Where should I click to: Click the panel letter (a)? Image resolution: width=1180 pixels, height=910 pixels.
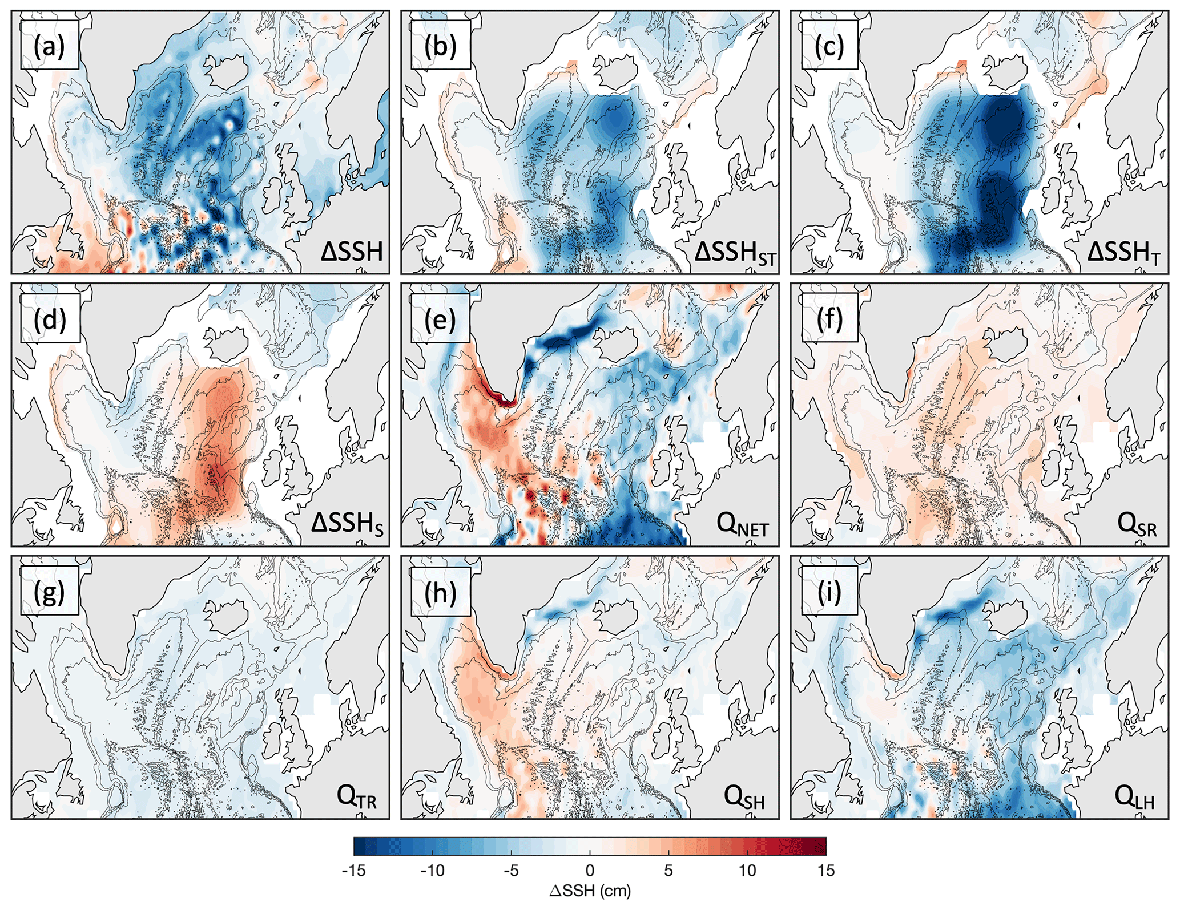(49, 46)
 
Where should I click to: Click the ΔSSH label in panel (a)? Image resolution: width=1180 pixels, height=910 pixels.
(351, 251)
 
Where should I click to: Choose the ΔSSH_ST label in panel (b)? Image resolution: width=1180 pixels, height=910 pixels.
(735, 253)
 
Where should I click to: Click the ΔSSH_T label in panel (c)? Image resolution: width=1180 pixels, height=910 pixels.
(1123, 253)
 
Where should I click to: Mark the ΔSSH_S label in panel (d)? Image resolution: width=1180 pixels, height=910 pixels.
(347, 524)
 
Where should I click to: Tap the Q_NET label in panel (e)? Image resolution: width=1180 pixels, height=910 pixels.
(742, 524)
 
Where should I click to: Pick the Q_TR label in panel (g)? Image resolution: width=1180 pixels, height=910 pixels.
(356, 796)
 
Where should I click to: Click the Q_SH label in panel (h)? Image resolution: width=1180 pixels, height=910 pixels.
(744, 796)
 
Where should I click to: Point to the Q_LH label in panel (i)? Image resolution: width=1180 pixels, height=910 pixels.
(1134, 796)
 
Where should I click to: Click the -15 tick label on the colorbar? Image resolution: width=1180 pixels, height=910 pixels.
(353, 871)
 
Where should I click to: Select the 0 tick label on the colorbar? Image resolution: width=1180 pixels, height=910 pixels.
(590, 871)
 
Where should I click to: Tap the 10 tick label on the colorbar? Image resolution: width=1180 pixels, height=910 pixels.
(747, 871)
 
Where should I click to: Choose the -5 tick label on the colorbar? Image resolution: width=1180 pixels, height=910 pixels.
(511, 871)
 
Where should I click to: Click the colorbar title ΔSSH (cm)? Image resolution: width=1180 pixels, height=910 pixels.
(590, 891)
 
